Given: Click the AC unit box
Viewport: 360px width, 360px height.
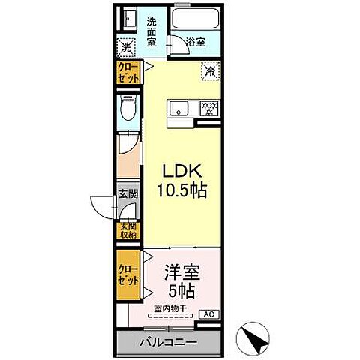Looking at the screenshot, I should click(x=210, y=314).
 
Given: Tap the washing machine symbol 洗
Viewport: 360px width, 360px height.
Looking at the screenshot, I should click(x=126, y=47).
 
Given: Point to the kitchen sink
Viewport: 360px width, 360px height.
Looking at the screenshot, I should click(x=180, y=109).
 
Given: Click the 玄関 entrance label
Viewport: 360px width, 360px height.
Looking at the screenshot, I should click(x=128, y=194).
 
